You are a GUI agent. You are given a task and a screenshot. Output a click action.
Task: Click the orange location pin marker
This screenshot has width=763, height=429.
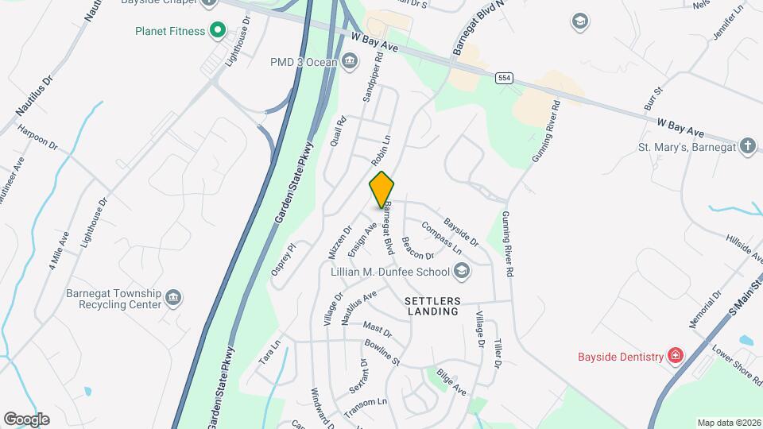click(381, 189)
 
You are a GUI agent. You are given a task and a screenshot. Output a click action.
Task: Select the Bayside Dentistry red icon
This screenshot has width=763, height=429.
click(675, 355)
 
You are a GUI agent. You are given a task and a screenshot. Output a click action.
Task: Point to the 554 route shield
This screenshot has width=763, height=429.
click(502, 78)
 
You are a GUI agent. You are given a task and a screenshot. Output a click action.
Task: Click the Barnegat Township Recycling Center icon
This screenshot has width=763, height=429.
click(173, 299)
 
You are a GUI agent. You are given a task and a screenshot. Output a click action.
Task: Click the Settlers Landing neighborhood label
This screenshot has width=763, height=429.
click(432, 307)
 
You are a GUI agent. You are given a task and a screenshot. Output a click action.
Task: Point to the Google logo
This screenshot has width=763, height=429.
click(26, 419)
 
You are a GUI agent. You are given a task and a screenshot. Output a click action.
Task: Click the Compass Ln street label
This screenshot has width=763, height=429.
click(442, 237)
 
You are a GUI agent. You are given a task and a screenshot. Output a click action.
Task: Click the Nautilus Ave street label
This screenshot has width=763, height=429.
click(358, 307)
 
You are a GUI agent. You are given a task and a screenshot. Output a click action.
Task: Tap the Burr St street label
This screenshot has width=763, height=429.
click(653, 99)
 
